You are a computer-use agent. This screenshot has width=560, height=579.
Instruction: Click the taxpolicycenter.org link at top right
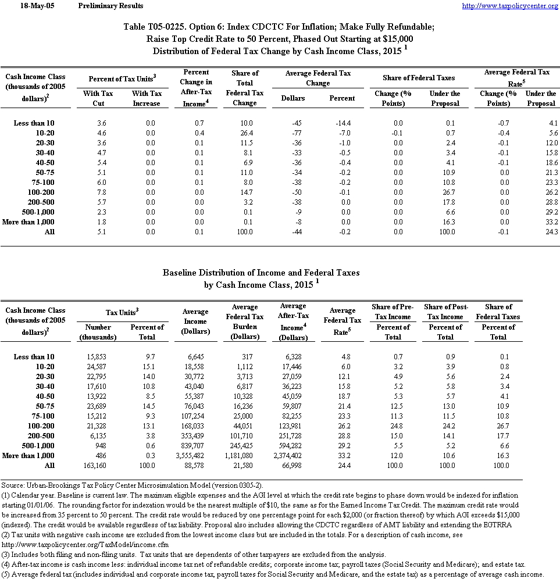pos(509,6)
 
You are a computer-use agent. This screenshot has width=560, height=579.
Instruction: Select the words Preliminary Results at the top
pos(110,6)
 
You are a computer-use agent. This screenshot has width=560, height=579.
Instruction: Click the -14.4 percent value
pos(342,123)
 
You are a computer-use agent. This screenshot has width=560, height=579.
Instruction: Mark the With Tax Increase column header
pos(147,98)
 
